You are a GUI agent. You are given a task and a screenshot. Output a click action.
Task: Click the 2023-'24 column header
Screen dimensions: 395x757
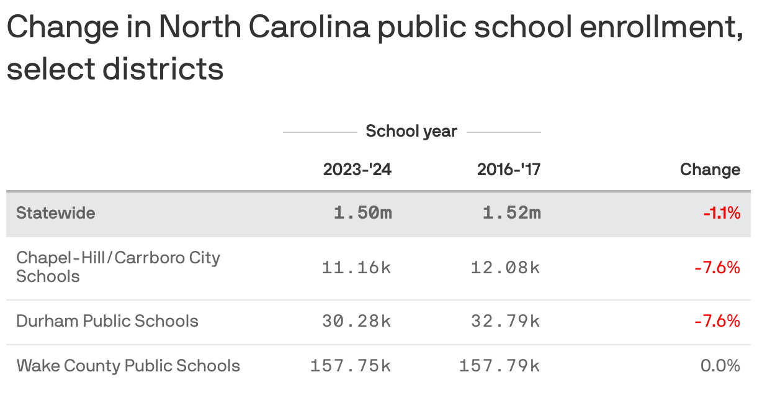tap(357, 170)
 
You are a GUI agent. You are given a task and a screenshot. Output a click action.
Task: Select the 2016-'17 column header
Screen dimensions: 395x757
tap(509, 170)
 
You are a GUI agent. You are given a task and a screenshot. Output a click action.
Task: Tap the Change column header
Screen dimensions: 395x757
tap(710, 170)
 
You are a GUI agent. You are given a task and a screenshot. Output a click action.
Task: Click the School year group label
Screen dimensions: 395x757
tap(411, 132)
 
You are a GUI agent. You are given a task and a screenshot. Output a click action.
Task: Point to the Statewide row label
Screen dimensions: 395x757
tap(56, 213)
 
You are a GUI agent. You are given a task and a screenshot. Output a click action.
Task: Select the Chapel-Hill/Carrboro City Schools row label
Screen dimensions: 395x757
tap(118, 267)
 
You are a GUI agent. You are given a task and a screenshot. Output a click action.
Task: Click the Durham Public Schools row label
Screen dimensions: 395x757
tap(107, 321)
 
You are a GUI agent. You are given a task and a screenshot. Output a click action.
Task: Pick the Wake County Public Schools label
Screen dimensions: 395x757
tap(128, 365)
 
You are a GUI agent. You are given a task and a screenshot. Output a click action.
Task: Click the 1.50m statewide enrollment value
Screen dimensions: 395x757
tap(363, 213)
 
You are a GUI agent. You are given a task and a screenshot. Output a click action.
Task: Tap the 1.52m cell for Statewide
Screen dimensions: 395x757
tap(512, 213)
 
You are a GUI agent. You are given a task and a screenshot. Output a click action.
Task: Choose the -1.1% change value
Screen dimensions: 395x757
tap(722, 214)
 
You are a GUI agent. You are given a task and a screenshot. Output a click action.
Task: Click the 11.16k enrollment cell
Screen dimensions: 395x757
tap(357, 268)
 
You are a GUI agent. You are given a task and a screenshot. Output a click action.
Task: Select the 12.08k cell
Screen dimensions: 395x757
tap(506, 268)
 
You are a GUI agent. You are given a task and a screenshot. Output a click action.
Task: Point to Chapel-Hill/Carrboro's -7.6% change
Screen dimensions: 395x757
tap(718, 268)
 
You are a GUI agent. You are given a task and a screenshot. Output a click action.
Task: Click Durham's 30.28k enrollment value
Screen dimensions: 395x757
tap(357, 321)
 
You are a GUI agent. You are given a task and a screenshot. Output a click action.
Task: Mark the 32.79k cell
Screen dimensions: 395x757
tap(506, 321)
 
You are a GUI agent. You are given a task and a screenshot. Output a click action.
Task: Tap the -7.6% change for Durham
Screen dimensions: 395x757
tap(718, 321)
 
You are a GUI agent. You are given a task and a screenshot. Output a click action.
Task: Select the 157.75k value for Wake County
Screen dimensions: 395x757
tap(351, 366)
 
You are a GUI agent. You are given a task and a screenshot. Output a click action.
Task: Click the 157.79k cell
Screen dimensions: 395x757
tap(499, 366)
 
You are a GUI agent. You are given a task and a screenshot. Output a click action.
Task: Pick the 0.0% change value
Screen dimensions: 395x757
tap(720, 366)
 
